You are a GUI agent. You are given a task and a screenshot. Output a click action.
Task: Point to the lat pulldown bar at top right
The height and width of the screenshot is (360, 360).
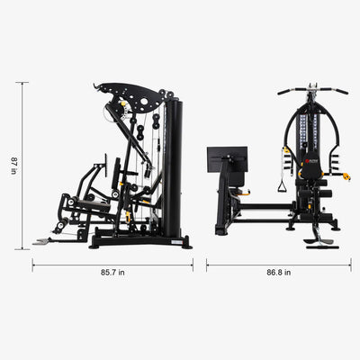click(312, 91)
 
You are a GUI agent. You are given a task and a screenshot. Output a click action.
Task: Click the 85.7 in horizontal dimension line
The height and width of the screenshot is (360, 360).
click(112, 264)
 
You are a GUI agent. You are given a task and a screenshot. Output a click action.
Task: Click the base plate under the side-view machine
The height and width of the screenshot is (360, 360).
click(144, 241)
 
